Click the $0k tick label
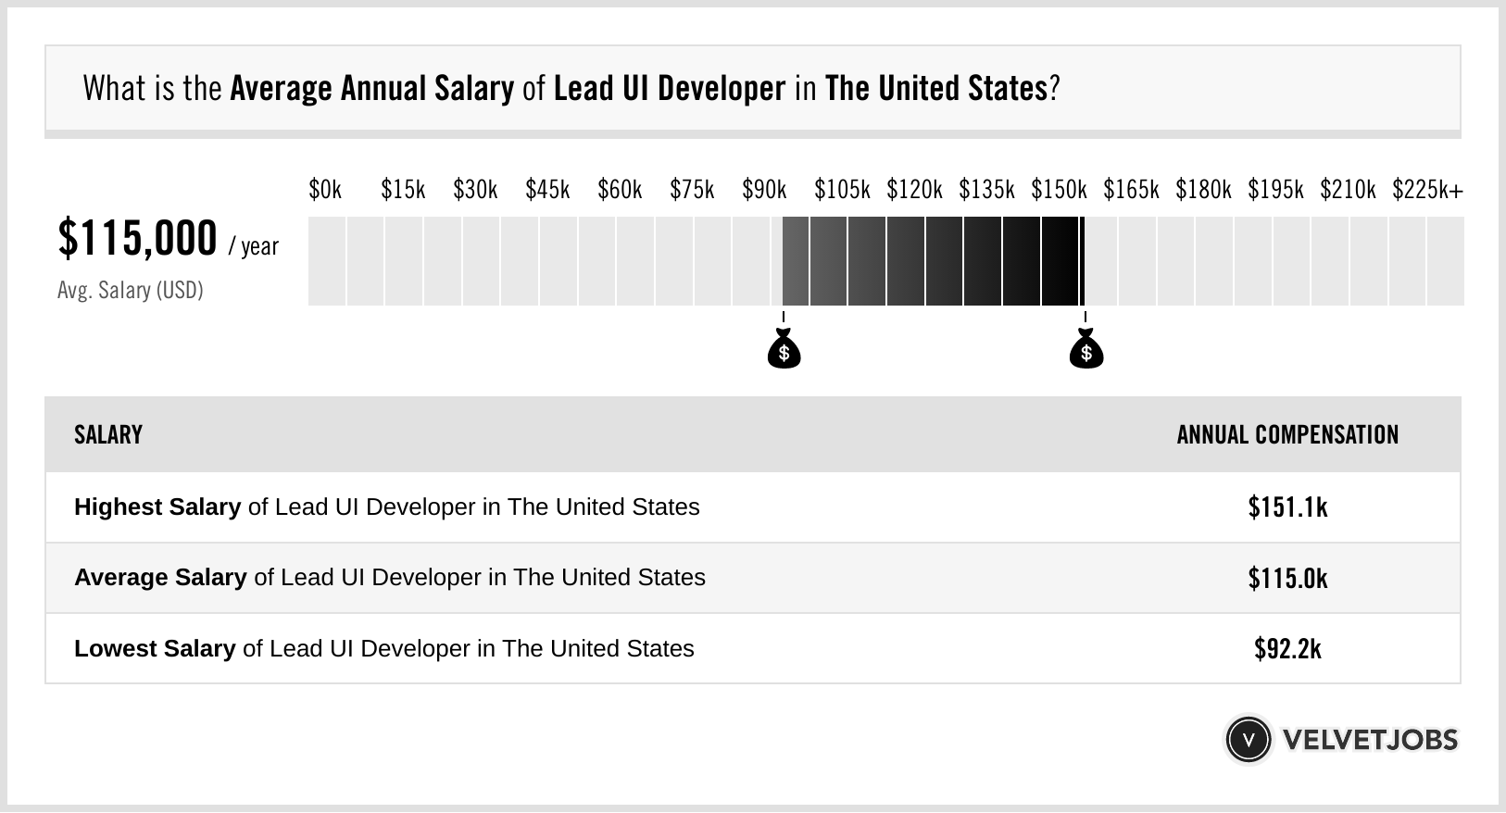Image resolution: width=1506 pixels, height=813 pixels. click(325, 190)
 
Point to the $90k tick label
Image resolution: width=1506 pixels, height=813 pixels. click(764, 190)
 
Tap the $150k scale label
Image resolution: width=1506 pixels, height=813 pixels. click(1059, 190)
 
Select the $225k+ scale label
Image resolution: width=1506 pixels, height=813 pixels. click(1427, 190)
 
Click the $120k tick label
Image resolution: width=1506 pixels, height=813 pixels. click(914, 190)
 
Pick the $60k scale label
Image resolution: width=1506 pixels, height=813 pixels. click(620, 190)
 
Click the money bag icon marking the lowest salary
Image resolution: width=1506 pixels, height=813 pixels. click(784, 350)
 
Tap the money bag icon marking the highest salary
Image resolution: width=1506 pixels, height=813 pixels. click(1086, 350)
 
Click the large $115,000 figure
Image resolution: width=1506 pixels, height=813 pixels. click(138, 238)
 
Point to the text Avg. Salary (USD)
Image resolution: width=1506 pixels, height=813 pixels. click(131, 290)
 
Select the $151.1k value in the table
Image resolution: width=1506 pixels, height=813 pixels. click(1287, 507)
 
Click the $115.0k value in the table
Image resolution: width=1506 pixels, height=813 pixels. click(1287, 578)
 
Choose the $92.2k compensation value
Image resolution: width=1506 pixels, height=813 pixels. click(1287, 648)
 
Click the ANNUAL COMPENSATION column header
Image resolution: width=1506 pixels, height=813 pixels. click(1287, 434)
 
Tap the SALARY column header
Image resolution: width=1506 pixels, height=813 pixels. click(108, 434)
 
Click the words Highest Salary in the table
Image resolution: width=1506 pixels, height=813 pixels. click(157, 507)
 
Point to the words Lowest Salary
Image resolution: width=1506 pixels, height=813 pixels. click(155, 648)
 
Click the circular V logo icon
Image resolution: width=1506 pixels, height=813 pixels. click(1248, 739)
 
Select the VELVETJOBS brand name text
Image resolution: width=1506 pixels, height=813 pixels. click(1370, 739)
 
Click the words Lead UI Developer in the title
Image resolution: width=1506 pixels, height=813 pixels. click(669, 89)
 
